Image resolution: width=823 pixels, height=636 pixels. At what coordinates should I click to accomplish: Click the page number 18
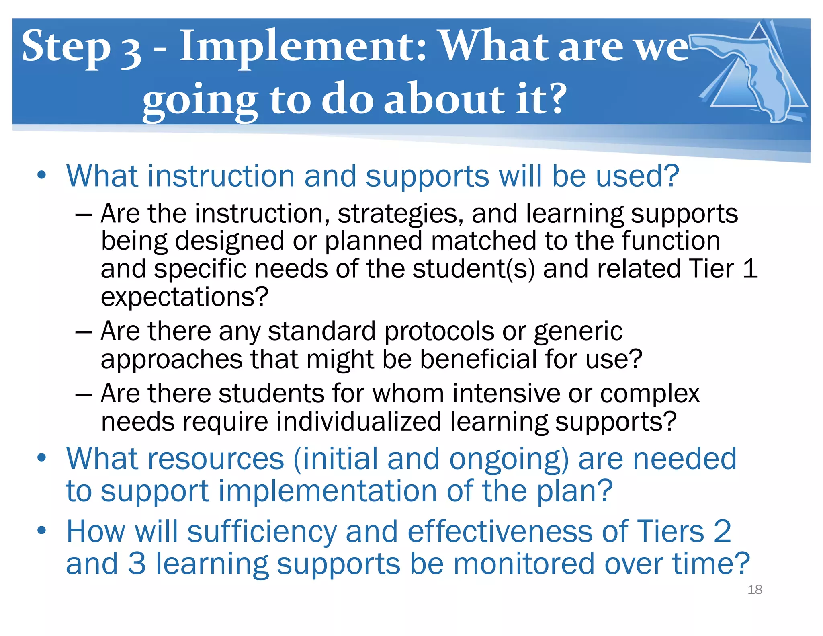[755, 590]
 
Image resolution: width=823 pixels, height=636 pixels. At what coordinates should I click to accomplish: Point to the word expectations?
[184, 297]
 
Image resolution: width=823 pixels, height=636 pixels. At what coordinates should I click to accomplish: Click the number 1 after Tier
[750, 269]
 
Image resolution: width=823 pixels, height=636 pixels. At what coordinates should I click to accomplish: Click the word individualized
[358, 422]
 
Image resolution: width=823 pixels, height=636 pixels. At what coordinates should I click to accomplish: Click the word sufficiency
[262, 532]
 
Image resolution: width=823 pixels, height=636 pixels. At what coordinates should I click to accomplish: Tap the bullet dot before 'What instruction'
[41, 176]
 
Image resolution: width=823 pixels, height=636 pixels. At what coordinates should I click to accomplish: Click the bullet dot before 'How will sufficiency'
[41, 531]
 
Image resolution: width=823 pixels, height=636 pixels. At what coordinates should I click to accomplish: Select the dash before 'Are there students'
[84, 394]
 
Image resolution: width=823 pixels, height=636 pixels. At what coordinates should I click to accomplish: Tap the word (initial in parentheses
[336, 459]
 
